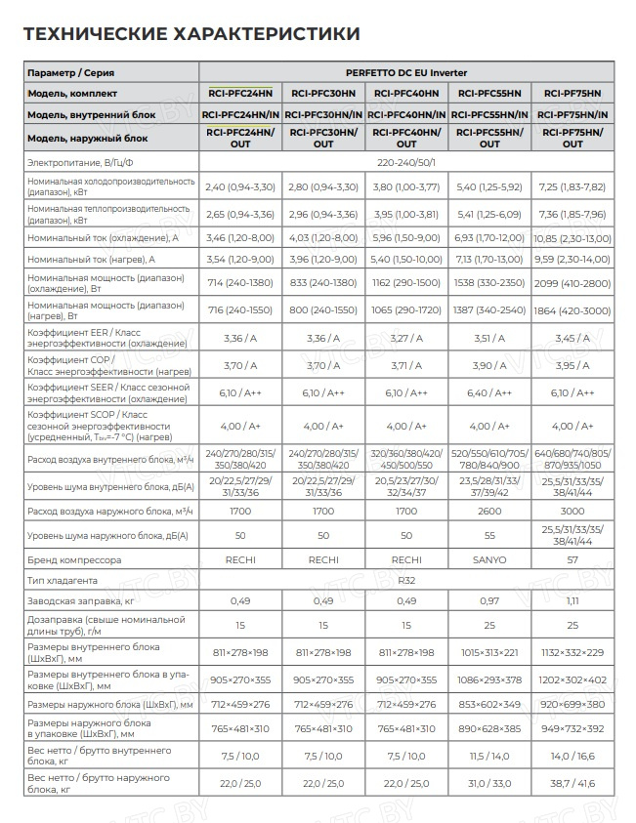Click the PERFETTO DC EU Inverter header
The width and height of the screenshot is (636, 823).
click(405, 73)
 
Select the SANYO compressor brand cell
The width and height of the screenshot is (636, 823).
click(488, 560)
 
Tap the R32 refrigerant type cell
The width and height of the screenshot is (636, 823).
click(405, 580)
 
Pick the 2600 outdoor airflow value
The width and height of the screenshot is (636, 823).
click(488, 511)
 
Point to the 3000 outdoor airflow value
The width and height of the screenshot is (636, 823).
click(572, 511)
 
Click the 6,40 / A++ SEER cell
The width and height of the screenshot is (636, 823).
click(488, 393)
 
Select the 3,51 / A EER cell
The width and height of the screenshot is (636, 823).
click(488, 339)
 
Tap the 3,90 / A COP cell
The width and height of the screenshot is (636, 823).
click(488, 366)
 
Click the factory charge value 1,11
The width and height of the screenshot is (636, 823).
click(572, 600)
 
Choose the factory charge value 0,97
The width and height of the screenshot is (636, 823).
click(488, 600)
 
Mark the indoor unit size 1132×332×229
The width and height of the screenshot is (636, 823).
click(572, 651)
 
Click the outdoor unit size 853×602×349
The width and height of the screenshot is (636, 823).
click(488, 704)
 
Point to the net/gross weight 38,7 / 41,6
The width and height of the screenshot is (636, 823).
click(572, 783)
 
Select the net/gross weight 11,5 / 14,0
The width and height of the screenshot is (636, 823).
click(488, 756)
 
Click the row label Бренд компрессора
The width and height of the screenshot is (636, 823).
click(74, 560)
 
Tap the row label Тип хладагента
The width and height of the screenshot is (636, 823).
click(63, 580)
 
